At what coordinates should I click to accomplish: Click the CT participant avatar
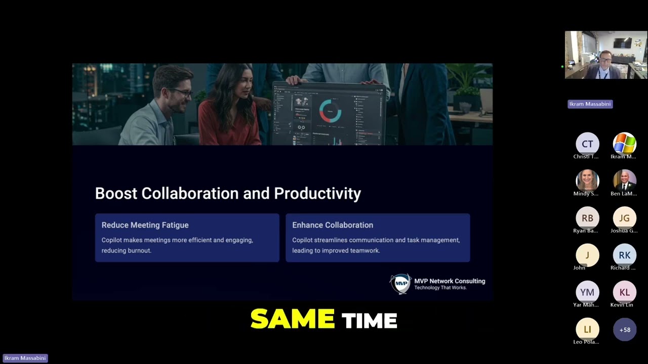pos(587,144)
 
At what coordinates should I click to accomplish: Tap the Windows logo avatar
pos(624,144)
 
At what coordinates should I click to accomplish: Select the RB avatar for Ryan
pos(587,218)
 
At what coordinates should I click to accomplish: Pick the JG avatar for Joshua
pos(624,218)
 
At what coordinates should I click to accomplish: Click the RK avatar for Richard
pos(624,255)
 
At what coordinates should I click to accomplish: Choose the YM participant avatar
pos(587,292)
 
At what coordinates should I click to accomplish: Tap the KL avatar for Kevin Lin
pos(624,292)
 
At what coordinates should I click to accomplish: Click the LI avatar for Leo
pos(587,329)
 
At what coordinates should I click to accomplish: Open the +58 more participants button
pos(624,330)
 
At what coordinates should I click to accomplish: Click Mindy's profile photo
pos(587,181)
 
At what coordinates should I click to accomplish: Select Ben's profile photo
pos(624,181)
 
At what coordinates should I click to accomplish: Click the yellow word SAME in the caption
pos(292,320)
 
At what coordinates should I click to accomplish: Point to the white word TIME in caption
pos(369,321)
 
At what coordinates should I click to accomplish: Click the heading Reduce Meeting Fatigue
pos(145,225)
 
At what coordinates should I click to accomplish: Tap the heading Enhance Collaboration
pos(333,225)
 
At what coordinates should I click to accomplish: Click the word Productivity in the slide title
pos(317,193)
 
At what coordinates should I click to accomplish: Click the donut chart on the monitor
pos(330,111)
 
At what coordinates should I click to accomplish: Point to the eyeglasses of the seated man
pos(181,93)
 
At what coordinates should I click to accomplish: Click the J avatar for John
pos(587,255)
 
